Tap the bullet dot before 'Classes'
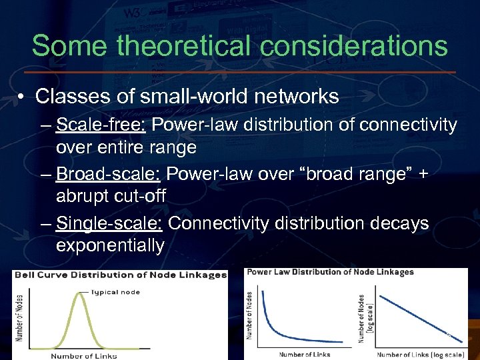[x=22, y=97]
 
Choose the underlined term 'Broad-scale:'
[x=109, y=174]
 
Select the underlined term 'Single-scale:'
[x=110, y=223]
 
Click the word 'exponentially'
[x=110, y=245]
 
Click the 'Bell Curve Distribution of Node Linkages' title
[x=121, y=275]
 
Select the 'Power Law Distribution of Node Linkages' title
[x=330, y=272]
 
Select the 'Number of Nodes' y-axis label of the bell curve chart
[x=20, y=317]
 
